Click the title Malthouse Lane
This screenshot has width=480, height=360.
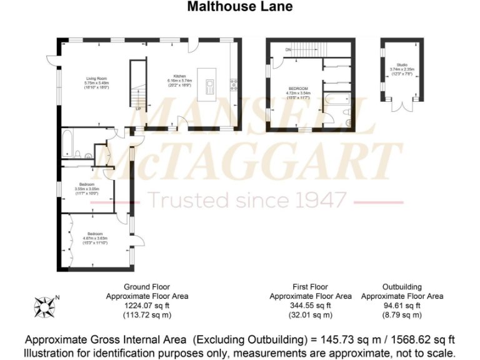tap(239, 7)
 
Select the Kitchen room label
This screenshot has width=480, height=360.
tap(179, 77)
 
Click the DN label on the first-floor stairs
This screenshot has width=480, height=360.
tap(288, 49)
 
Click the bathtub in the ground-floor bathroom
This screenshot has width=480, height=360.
tap(67, 142)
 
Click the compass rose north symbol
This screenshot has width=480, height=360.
tap(45, 306)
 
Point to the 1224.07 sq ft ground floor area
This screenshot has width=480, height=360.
tap(147, 306)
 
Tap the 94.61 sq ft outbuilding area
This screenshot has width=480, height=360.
tap(402, 306)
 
